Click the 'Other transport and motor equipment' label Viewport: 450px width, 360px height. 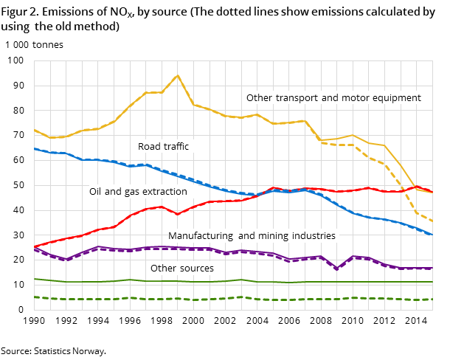333,98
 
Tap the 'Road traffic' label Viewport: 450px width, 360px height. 163,147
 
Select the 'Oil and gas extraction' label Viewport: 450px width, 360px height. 138,192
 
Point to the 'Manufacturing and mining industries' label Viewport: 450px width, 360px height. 252,236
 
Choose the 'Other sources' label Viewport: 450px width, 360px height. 181,269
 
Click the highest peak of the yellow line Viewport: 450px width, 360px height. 178,75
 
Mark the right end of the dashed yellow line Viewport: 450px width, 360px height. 432,221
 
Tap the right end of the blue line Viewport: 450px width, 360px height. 432,235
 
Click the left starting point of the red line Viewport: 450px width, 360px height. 34,246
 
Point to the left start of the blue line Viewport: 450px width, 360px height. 34,148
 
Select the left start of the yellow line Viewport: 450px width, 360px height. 34,130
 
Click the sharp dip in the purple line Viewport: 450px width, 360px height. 337,269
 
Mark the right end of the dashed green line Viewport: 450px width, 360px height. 432,299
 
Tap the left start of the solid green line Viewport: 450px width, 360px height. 34,279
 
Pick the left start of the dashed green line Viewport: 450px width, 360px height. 34,297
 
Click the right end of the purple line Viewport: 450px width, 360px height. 432,268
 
